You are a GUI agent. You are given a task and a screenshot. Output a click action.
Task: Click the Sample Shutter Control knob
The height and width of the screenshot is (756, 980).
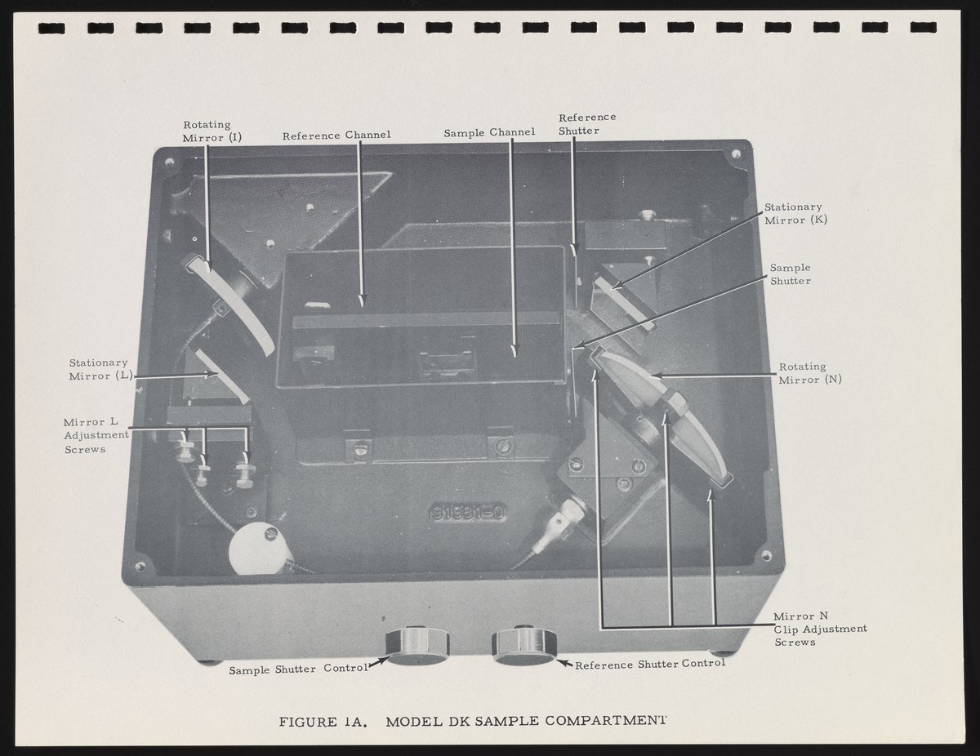[417, 646]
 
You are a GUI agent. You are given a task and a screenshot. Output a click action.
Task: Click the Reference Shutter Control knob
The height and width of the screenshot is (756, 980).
[524, 645]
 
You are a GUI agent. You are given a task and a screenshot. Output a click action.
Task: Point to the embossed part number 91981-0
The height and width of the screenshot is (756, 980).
[467, 514]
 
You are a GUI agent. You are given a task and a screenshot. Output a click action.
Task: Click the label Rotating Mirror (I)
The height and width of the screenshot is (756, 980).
[212, 131]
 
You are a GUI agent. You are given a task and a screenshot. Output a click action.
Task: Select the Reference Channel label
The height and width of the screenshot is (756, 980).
[336, 136]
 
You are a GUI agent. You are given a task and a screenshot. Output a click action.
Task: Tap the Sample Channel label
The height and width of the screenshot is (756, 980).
[489, 132]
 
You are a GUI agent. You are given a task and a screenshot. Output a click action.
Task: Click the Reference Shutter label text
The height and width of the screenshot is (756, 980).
[587, 124]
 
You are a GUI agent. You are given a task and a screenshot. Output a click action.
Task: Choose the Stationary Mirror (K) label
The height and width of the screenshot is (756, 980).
[795, 214]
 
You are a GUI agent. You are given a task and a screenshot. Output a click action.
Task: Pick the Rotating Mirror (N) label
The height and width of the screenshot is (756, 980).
[810, 373]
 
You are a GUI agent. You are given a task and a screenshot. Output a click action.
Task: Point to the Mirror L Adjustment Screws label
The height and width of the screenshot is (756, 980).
[96, 435]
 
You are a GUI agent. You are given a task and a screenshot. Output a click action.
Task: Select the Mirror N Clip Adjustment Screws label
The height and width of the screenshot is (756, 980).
[821, 629]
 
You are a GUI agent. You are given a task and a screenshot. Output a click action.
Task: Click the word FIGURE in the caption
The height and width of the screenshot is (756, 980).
[308, 723]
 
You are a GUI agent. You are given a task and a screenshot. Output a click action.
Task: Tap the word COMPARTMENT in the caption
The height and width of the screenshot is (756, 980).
[605, 720]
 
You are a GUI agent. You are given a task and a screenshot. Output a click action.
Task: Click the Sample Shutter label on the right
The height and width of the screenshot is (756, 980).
[791, 274]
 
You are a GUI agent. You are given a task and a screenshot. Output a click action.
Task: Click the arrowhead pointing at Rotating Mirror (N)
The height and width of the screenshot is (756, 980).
[656, 375]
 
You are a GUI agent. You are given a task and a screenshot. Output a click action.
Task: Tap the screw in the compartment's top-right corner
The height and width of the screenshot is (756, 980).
[736, 154]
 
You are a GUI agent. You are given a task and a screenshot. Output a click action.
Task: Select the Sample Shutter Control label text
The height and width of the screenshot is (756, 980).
[299, 669]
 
